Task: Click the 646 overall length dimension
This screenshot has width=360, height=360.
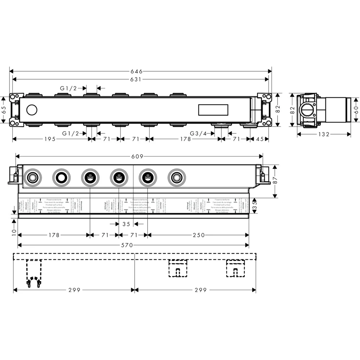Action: click(139, 71)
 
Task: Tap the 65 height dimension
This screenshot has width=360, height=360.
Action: click(4, 109)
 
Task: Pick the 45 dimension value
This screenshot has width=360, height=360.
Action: click(260, 139)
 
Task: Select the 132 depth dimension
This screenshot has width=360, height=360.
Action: click(324, 134)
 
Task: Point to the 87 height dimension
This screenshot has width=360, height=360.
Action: click(275, 181)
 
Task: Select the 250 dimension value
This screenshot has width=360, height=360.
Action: click(198, 235)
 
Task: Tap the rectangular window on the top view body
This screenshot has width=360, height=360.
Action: click(212, 109)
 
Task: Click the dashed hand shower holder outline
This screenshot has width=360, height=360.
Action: click(33, 274)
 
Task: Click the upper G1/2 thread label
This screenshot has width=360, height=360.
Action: click(69, 87)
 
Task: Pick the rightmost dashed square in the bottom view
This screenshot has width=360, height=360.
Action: click(235, 268)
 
